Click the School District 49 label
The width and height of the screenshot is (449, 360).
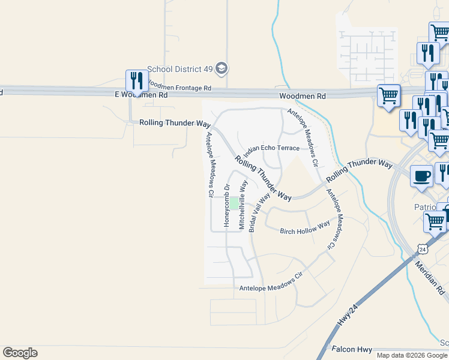pyautogui.click(x=179, y=69)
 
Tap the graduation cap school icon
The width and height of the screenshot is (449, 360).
pyautogui.click(x=222, y=68)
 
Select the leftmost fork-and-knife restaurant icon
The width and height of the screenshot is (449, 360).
pyautogui.click(x=136, y=80)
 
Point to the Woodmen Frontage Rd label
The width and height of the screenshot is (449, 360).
pyautogui.click(x=179, y=87)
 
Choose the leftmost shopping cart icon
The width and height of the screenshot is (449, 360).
pyautogui.click(x=388, y=95)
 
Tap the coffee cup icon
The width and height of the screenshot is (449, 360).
pyautogui.click(x=421, y=176)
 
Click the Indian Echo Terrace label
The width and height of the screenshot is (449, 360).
pyautogui.click(x=271, y=148)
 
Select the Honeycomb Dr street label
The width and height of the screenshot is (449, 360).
pyautogui.click(x=227, y=205)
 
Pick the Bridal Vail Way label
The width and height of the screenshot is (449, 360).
pyautogui.click(x=259, y=211)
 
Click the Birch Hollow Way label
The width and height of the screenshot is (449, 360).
pyautogui.click(x=305, y=228)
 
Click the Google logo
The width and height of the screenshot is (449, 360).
pyautogui.click(x=20, y=353)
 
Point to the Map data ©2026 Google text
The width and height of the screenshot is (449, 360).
pyautogui.click(x=412, y=355)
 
